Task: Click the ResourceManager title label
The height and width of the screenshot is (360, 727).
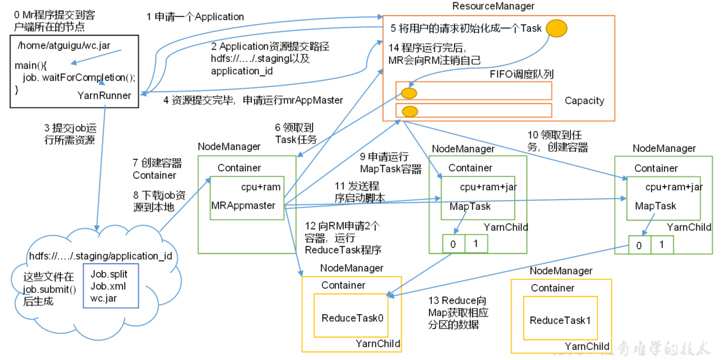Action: (x=493, y=6)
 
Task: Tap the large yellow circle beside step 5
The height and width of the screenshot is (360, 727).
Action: (x=557, y=28)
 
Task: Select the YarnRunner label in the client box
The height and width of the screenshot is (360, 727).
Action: (x=104, y=96)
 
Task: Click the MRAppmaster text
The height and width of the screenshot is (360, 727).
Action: (x=243, y=205)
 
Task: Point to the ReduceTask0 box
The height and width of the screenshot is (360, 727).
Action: (x=351, y=315)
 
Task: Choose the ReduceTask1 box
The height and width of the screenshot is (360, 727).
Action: (x=561, y=318)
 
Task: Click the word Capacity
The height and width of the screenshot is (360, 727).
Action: (x=584, y=101)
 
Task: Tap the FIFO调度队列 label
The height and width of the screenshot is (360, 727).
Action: (x=522, y=74)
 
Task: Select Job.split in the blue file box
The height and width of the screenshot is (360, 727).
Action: (x=109, y=274)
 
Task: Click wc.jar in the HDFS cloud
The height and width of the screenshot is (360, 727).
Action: (x=104, y=299)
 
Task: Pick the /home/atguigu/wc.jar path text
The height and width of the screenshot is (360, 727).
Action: (x=64, y=45)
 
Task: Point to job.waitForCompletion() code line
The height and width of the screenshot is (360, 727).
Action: (x=79, y=78)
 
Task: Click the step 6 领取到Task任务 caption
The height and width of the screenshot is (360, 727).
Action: (x=296, y=133)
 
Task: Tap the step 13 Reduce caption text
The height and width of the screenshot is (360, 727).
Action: (x=458, y=312)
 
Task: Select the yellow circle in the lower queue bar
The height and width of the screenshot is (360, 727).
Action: (x=410, y=111)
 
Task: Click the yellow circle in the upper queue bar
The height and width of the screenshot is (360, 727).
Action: (x=409, y=93)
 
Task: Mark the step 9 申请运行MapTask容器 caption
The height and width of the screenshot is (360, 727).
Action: (x=391, y=163)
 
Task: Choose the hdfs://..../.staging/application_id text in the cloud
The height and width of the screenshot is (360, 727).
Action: (x=101, y=256)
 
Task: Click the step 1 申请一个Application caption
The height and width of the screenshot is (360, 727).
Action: (x=195, y=17)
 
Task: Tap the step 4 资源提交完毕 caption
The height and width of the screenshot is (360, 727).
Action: (x=253, y=100)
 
